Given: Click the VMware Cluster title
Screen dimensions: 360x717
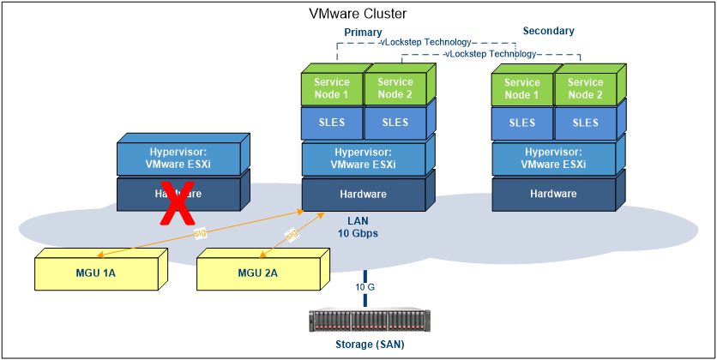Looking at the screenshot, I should [x=358, y=14].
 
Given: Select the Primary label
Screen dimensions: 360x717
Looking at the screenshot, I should [x=363, y=32].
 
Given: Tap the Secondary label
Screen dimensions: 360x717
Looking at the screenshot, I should [x=548, y=32].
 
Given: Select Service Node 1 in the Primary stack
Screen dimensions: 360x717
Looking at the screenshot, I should [x=332, y=89].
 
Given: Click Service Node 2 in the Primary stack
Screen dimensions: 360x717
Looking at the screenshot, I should [x=395, y=89].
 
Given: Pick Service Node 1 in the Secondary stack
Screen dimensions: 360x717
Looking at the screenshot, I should [x=522, y=89].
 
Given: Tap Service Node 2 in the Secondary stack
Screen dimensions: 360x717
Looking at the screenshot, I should [x=585, y=89].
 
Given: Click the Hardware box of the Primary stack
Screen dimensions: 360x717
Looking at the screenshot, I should [x=364, y=195].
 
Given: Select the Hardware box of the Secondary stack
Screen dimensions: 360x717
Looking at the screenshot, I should [x=553, y=195].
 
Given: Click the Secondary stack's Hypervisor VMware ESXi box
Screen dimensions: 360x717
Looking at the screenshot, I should [x=553, y=159].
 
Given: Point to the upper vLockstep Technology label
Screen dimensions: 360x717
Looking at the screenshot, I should [x=426, y=42].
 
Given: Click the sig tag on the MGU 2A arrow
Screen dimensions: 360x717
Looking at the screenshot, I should [x=291, y=233].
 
